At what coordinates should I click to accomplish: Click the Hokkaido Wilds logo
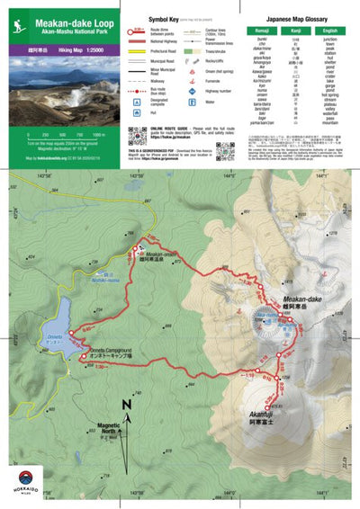(x=22, y=480)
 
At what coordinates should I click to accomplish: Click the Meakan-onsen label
(x=157, y=254)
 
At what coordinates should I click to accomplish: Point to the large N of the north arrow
(x=127, y=405)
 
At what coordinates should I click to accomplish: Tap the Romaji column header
(x=263, y=31)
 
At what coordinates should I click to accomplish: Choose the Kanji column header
(x=297, y=31)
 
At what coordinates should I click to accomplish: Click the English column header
(x=332, y=31)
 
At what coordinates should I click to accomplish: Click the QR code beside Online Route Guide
(x=137, y=136)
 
